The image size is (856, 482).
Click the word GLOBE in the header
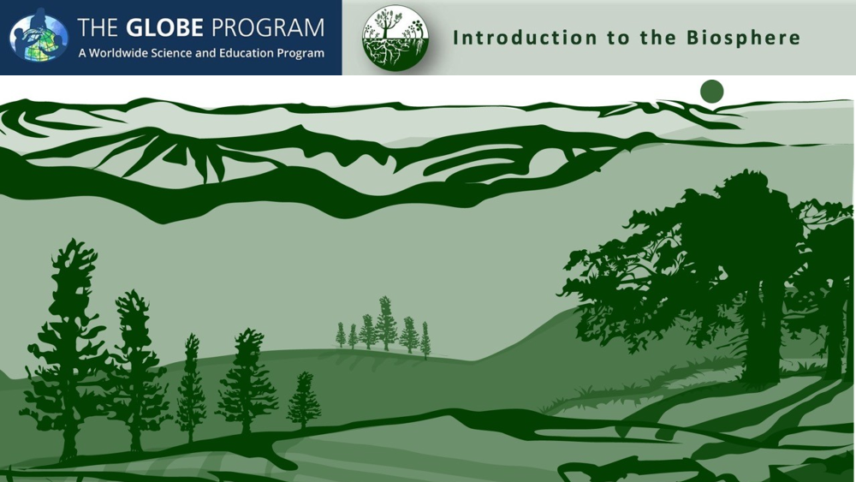164,28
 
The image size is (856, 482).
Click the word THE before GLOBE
98,28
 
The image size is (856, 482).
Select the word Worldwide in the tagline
114,53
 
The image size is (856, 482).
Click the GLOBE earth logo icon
39,35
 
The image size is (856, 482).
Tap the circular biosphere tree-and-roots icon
395,38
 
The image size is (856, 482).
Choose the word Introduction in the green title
525,38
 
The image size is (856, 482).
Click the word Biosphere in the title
743,38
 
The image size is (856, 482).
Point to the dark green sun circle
712,91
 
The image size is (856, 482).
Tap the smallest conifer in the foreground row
304,402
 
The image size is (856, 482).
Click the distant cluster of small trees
383,328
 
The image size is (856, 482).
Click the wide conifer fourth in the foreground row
247,382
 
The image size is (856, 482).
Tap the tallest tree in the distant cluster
387,324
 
